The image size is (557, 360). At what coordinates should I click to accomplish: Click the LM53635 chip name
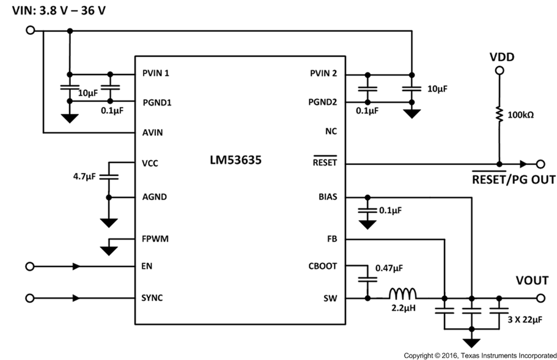click(x=235, y=163)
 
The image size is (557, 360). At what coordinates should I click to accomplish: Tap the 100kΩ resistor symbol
click(x=499, y=115)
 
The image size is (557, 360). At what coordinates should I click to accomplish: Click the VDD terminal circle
click(x=499, y=72)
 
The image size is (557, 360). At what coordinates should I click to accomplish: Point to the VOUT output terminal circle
click(x=540, y=298)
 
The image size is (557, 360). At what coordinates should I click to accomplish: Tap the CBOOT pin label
click(x=323, y=266)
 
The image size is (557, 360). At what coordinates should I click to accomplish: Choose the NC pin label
click(x=331, y=131)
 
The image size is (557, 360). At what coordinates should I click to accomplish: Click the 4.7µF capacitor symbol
click(x=109, y=177)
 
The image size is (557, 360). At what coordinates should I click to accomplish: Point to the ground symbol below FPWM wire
click(x=109, y=248)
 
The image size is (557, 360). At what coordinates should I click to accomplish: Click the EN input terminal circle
click(x=30, y=266)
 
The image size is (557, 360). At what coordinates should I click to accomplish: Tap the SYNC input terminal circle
click(x=30, y=298)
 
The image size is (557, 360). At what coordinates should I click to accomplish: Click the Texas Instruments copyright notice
click(x=480, y=355)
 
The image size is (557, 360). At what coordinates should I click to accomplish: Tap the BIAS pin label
click(x=327, y=197)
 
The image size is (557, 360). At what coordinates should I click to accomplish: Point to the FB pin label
click(x=332, y=239)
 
